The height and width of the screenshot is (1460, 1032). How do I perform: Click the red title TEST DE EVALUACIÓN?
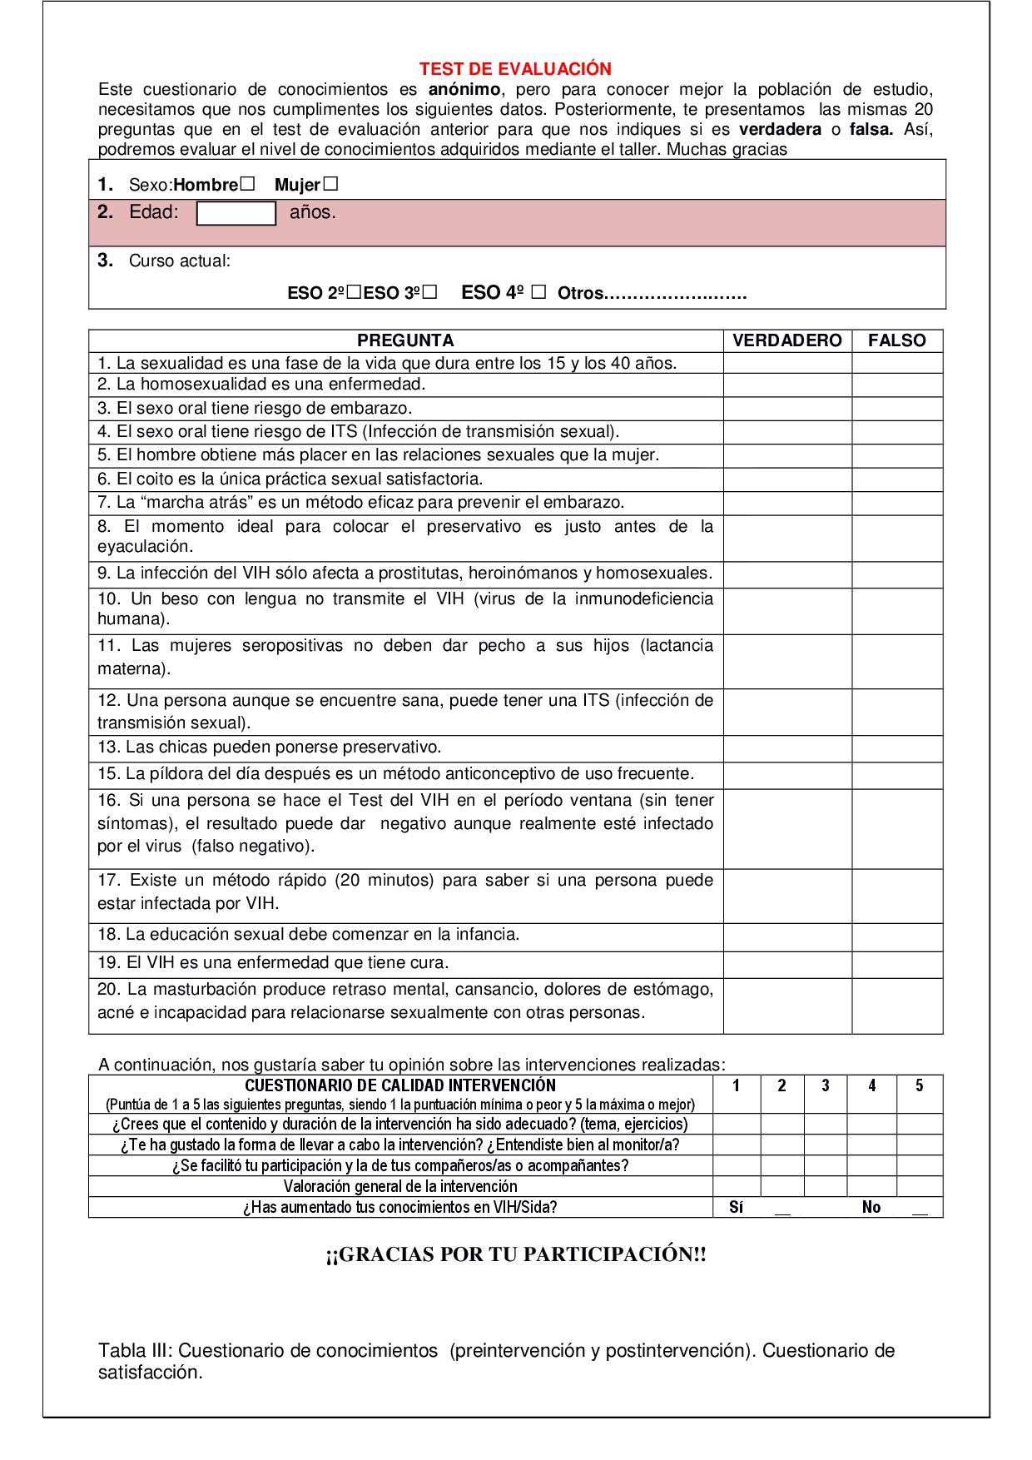(515, 69)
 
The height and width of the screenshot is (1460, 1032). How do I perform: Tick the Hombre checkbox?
(247, 184)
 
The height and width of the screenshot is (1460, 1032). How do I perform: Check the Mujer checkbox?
(330, 184)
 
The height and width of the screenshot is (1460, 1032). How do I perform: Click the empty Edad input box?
(236, 214)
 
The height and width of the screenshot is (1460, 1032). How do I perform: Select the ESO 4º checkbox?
(538, 292)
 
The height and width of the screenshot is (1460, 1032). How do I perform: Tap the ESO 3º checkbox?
(429, 293)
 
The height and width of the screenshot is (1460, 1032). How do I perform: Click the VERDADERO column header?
(786, 340)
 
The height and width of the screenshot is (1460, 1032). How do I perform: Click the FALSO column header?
(896, 340)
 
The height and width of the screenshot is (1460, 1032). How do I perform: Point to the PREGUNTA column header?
(405, 340)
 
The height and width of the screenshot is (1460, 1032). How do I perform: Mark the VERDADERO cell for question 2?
(786, 385)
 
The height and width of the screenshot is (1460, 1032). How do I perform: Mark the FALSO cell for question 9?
(896, 574)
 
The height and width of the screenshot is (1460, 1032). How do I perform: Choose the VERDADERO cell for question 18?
(786, 936)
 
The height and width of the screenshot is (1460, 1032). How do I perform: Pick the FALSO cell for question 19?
(896, 964)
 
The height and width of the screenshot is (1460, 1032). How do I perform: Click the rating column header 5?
(919, 1086)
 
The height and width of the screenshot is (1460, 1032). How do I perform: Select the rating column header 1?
(736, 1086)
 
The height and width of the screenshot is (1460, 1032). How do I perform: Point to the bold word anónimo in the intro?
(465, 90)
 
